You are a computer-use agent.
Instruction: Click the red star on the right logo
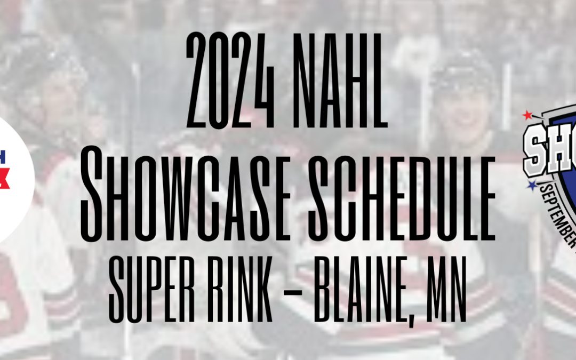(529, 115)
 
